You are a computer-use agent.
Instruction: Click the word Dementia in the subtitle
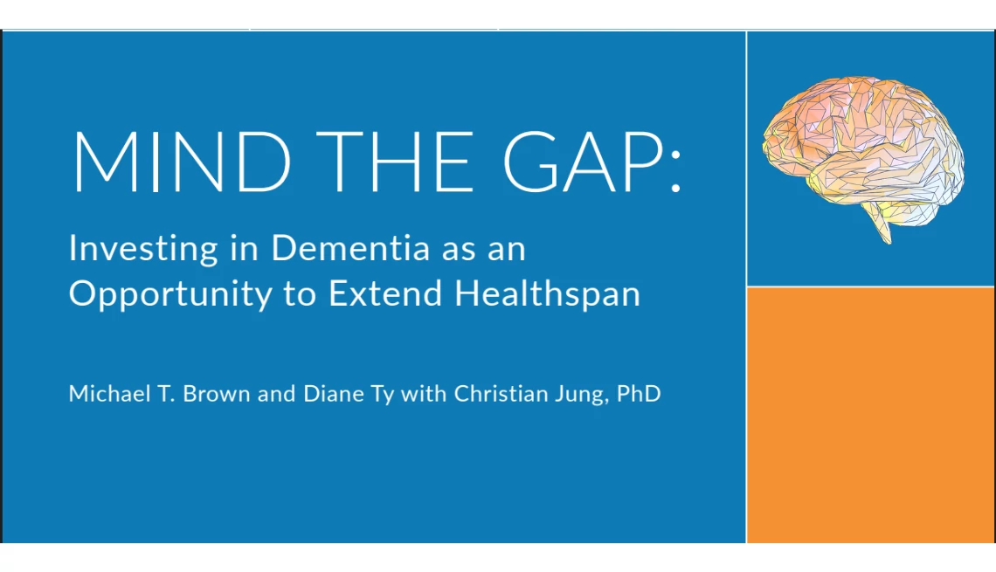click(x=350, y=248)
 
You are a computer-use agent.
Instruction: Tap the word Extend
click(x=385, y=293)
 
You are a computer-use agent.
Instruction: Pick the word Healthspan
click(x=548, y=295)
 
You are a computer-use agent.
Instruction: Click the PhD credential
click(x=639, y=394)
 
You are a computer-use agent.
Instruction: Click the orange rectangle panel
click(x=871, y=415)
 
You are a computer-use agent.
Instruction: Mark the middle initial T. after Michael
click(x=166, y=394)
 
